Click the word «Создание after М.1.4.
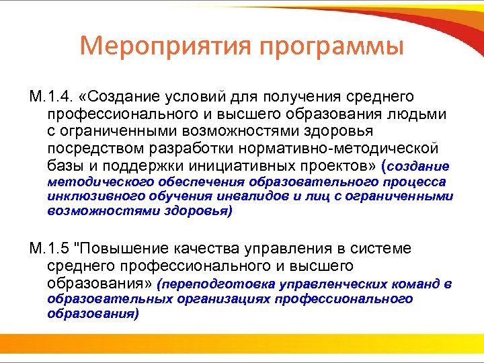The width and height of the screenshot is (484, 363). coord(123,98)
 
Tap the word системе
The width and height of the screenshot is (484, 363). coord(388,249)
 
